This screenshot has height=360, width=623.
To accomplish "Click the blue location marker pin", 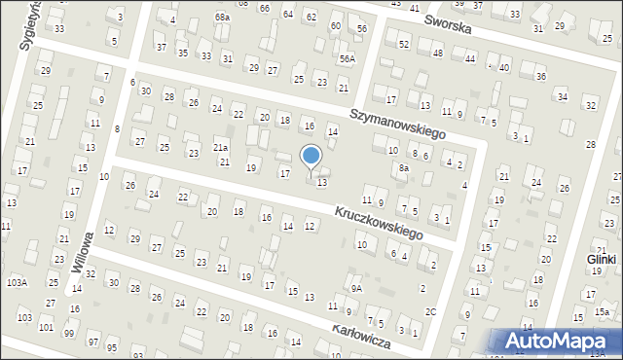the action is tap(311, 157).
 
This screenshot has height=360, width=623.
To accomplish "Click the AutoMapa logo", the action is tap(561, 341).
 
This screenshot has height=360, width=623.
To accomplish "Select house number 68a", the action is tap(223, 18).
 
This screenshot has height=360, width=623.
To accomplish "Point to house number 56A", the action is tap(347, 59).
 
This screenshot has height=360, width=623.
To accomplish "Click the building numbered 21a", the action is tap(221, 148).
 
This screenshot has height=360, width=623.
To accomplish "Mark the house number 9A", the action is tap(357, 288).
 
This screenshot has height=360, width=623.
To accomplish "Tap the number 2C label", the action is tap(430, 312).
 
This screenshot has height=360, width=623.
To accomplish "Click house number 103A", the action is tap(17, 282).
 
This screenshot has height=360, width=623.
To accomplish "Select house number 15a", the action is tap(603, 312).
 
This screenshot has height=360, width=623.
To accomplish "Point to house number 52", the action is tap(404, 46).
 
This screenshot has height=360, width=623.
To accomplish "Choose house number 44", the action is tap(470, 59).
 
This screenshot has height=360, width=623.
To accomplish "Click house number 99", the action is tap(69, 334).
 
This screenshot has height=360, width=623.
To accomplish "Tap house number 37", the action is tap(161, 47).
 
